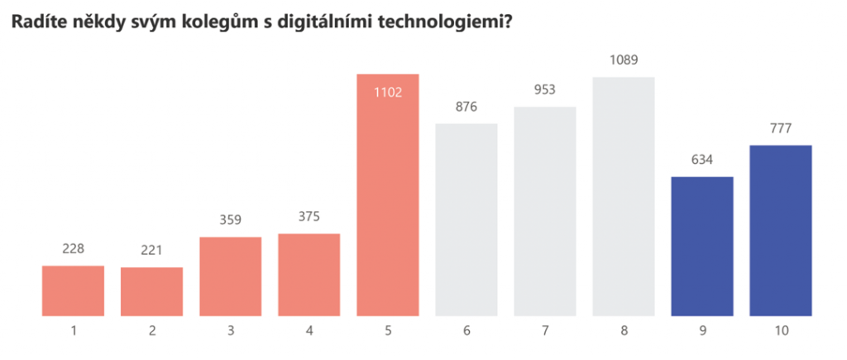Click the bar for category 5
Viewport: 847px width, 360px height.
[x=387, y=199]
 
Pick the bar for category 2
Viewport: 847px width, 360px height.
[x=151, y=291]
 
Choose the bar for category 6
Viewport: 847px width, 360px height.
[x=467, y=219]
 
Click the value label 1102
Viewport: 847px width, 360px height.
[x=387, y=92]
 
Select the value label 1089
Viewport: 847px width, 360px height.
[x=624, y=60]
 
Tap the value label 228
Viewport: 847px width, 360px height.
[x=73, y=249]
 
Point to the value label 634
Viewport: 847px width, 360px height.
[x=702, y=160]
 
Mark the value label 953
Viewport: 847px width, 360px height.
[x=545, y=90]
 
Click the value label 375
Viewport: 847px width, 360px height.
[x=309, y=217]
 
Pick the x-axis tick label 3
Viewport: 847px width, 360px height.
[x=231, y=331]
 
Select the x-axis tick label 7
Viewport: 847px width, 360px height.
[x=545, y=331]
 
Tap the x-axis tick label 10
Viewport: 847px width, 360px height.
[x=780, y=331]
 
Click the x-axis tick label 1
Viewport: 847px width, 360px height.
[x=73, y=331]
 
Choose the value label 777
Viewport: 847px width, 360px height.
[x=780, y=128]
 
